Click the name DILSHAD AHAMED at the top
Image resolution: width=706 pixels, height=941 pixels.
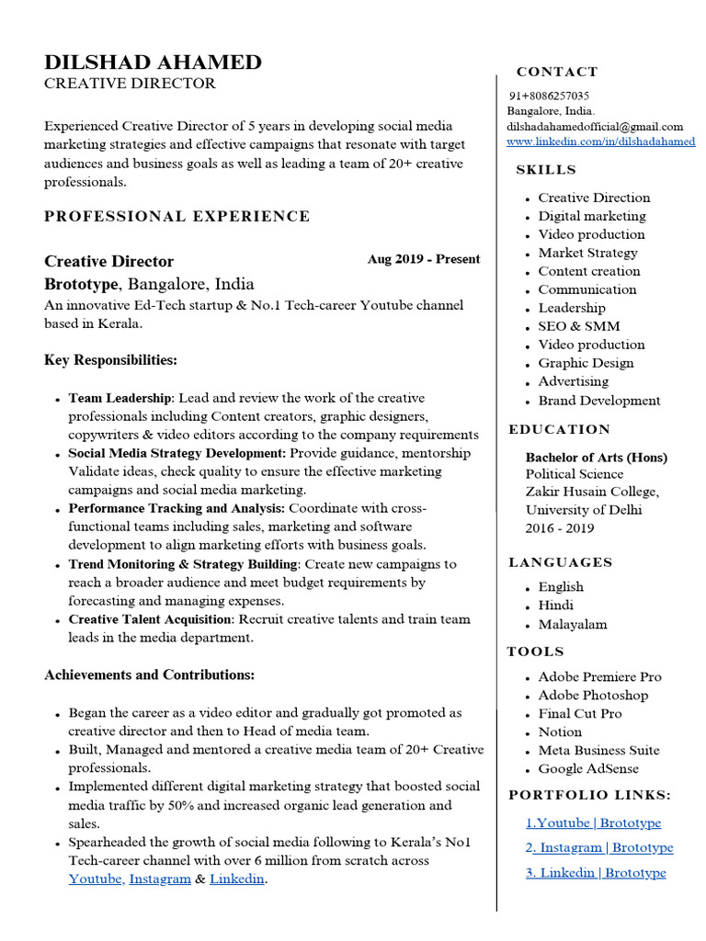tap(153, 62)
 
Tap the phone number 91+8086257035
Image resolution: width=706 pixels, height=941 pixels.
tap(550, 96)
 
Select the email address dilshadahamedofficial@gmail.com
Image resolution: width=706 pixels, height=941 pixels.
tap(595, 127)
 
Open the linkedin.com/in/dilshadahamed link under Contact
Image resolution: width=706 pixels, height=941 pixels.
tap(601, 142)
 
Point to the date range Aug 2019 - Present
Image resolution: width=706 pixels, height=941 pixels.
tap(423, 259)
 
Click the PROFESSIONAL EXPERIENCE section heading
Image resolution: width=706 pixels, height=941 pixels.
tap(177, 217)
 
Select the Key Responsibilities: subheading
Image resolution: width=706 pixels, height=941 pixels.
tap(110, 360)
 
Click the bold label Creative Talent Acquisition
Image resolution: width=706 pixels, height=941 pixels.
tap(148, 619)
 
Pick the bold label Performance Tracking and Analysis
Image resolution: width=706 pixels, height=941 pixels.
tap(176, 508)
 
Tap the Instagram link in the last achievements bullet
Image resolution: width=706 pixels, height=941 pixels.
tap(160, 879)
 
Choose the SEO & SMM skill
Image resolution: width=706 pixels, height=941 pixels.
tap(579, 326)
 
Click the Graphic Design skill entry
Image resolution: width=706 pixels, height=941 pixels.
tap(586, 363)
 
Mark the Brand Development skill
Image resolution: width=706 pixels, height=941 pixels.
tap(599, 401)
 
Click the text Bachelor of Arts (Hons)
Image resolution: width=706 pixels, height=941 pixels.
tap(597, 458)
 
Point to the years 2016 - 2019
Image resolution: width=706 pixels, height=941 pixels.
tap(560, 528)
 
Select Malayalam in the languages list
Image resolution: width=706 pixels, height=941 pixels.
tap(573, 625)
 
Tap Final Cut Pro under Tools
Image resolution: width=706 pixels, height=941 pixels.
tap(580, 714)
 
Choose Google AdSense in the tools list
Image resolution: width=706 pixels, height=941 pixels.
tap(588, 769)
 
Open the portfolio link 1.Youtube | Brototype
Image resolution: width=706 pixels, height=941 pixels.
tap(593, 823)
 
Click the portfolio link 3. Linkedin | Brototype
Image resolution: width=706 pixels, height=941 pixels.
tap(596, 873)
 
